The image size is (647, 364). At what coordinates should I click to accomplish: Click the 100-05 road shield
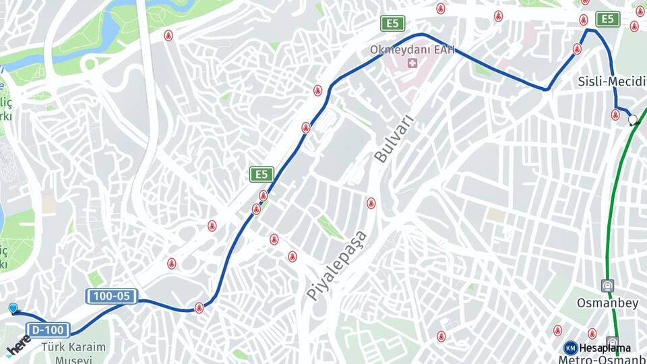tap(111, 296)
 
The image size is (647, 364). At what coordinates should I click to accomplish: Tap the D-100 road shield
tap(48, 330)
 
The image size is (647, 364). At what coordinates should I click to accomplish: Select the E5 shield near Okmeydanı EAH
tap(392, 24)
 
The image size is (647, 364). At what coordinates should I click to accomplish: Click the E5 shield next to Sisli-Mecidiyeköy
tap(608, 19)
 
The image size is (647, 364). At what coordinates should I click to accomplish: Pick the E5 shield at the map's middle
tap(261, 175)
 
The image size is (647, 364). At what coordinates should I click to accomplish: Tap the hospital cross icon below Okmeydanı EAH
tap(410, 64)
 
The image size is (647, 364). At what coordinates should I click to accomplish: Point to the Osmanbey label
tap(607, 303)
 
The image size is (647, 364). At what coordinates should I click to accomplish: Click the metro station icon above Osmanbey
tap(608, 286)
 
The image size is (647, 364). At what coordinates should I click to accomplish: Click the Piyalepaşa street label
tap(336, 265)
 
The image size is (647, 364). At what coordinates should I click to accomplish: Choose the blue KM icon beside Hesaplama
tap(570, 348)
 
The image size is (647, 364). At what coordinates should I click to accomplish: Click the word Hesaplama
tap(605, 348)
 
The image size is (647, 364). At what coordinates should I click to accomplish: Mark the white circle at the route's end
tap(632, 119)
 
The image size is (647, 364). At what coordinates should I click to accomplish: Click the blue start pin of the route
tap(13, 308)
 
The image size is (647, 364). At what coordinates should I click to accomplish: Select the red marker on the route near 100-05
tap(199, 307)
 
